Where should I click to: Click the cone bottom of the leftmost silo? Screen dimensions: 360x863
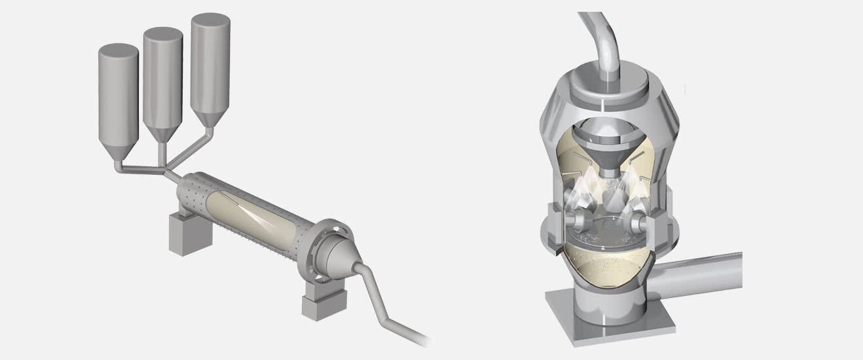click(119, 150)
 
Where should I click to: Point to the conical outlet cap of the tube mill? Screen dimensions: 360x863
click(343, 259)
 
